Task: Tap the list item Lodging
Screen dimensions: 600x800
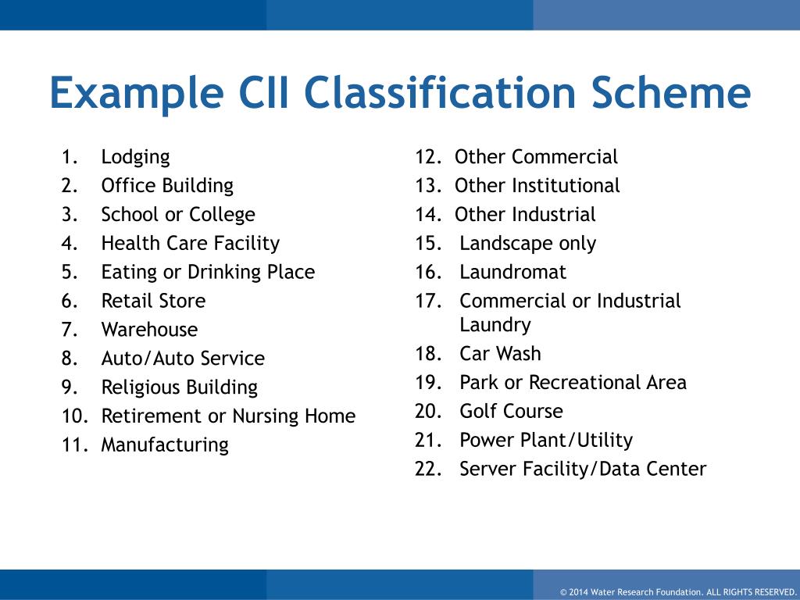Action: (135, 157)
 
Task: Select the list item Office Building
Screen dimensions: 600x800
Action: (167, 186)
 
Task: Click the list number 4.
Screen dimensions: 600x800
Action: (70, 244)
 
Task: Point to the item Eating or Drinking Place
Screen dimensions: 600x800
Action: (208, 273)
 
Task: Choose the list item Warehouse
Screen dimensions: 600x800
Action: (149, 330)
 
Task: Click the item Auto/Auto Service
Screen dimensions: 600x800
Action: (183, 359)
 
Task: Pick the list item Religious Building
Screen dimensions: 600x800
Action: (179, 387)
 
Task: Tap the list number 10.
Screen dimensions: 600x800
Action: (73, 416)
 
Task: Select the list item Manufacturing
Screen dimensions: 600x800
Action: (165, 445)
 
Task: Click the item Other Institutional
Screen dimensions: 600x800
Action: (537, 186)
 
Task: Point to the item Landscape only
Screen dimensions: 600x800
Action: (527, 244)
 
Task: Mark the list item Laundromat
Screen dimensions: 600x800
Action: (512, 273)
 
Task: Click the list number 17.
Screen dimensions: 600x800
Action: (429, 302)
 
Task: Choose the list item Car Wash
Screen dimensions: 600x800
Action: (500, 354)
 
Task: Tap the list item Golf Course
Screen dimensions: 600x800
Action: (511, 412)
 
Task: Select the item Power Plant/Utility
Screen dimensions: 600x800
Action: (546, 441)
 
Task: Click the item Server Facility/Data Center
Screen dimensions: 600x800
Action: (583, 470)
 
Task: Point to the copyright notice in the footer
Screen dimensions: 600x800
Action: (677, 591)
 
